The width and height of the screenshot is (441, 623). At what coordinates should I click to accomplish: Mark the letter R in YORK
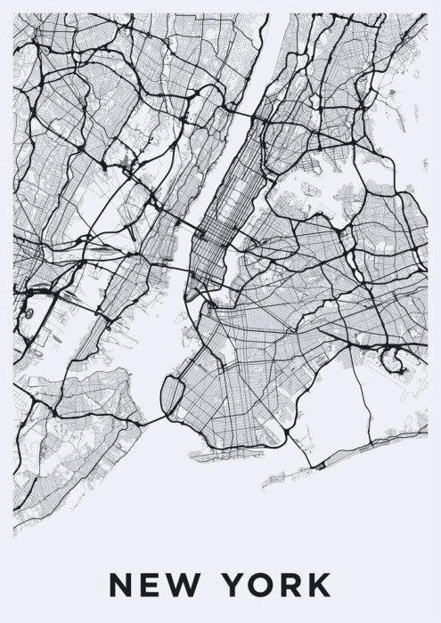click(290, 585)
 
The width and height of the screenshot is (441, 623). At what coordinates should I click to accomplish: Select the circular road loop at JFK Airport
click(391, 358)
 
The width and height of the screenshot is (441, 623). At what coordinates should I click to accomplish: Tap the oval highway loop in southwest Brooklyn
click(173, 392)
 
